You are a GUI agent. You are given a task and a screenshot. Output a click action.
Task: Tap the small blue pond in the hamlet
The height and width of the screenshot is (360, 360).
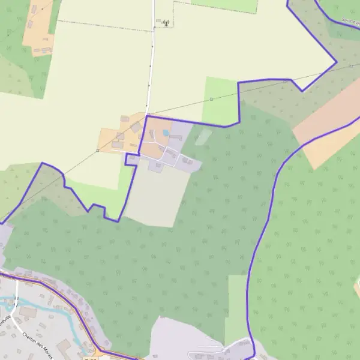166,133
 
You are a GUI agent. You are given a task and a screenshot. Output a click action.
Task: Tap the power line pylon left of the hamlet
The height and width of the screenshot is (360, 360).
98,151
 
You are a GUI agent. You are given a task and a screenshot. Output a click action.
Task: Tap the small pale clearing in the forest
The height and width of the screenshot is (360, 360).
203,137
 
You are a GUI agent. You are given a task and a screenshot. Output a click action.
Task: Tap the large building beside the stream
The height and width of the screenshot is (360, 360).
28,313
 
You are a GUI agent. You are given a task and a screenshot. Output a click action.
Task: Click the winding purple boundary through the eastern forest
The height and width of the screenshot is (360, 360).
264,228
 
